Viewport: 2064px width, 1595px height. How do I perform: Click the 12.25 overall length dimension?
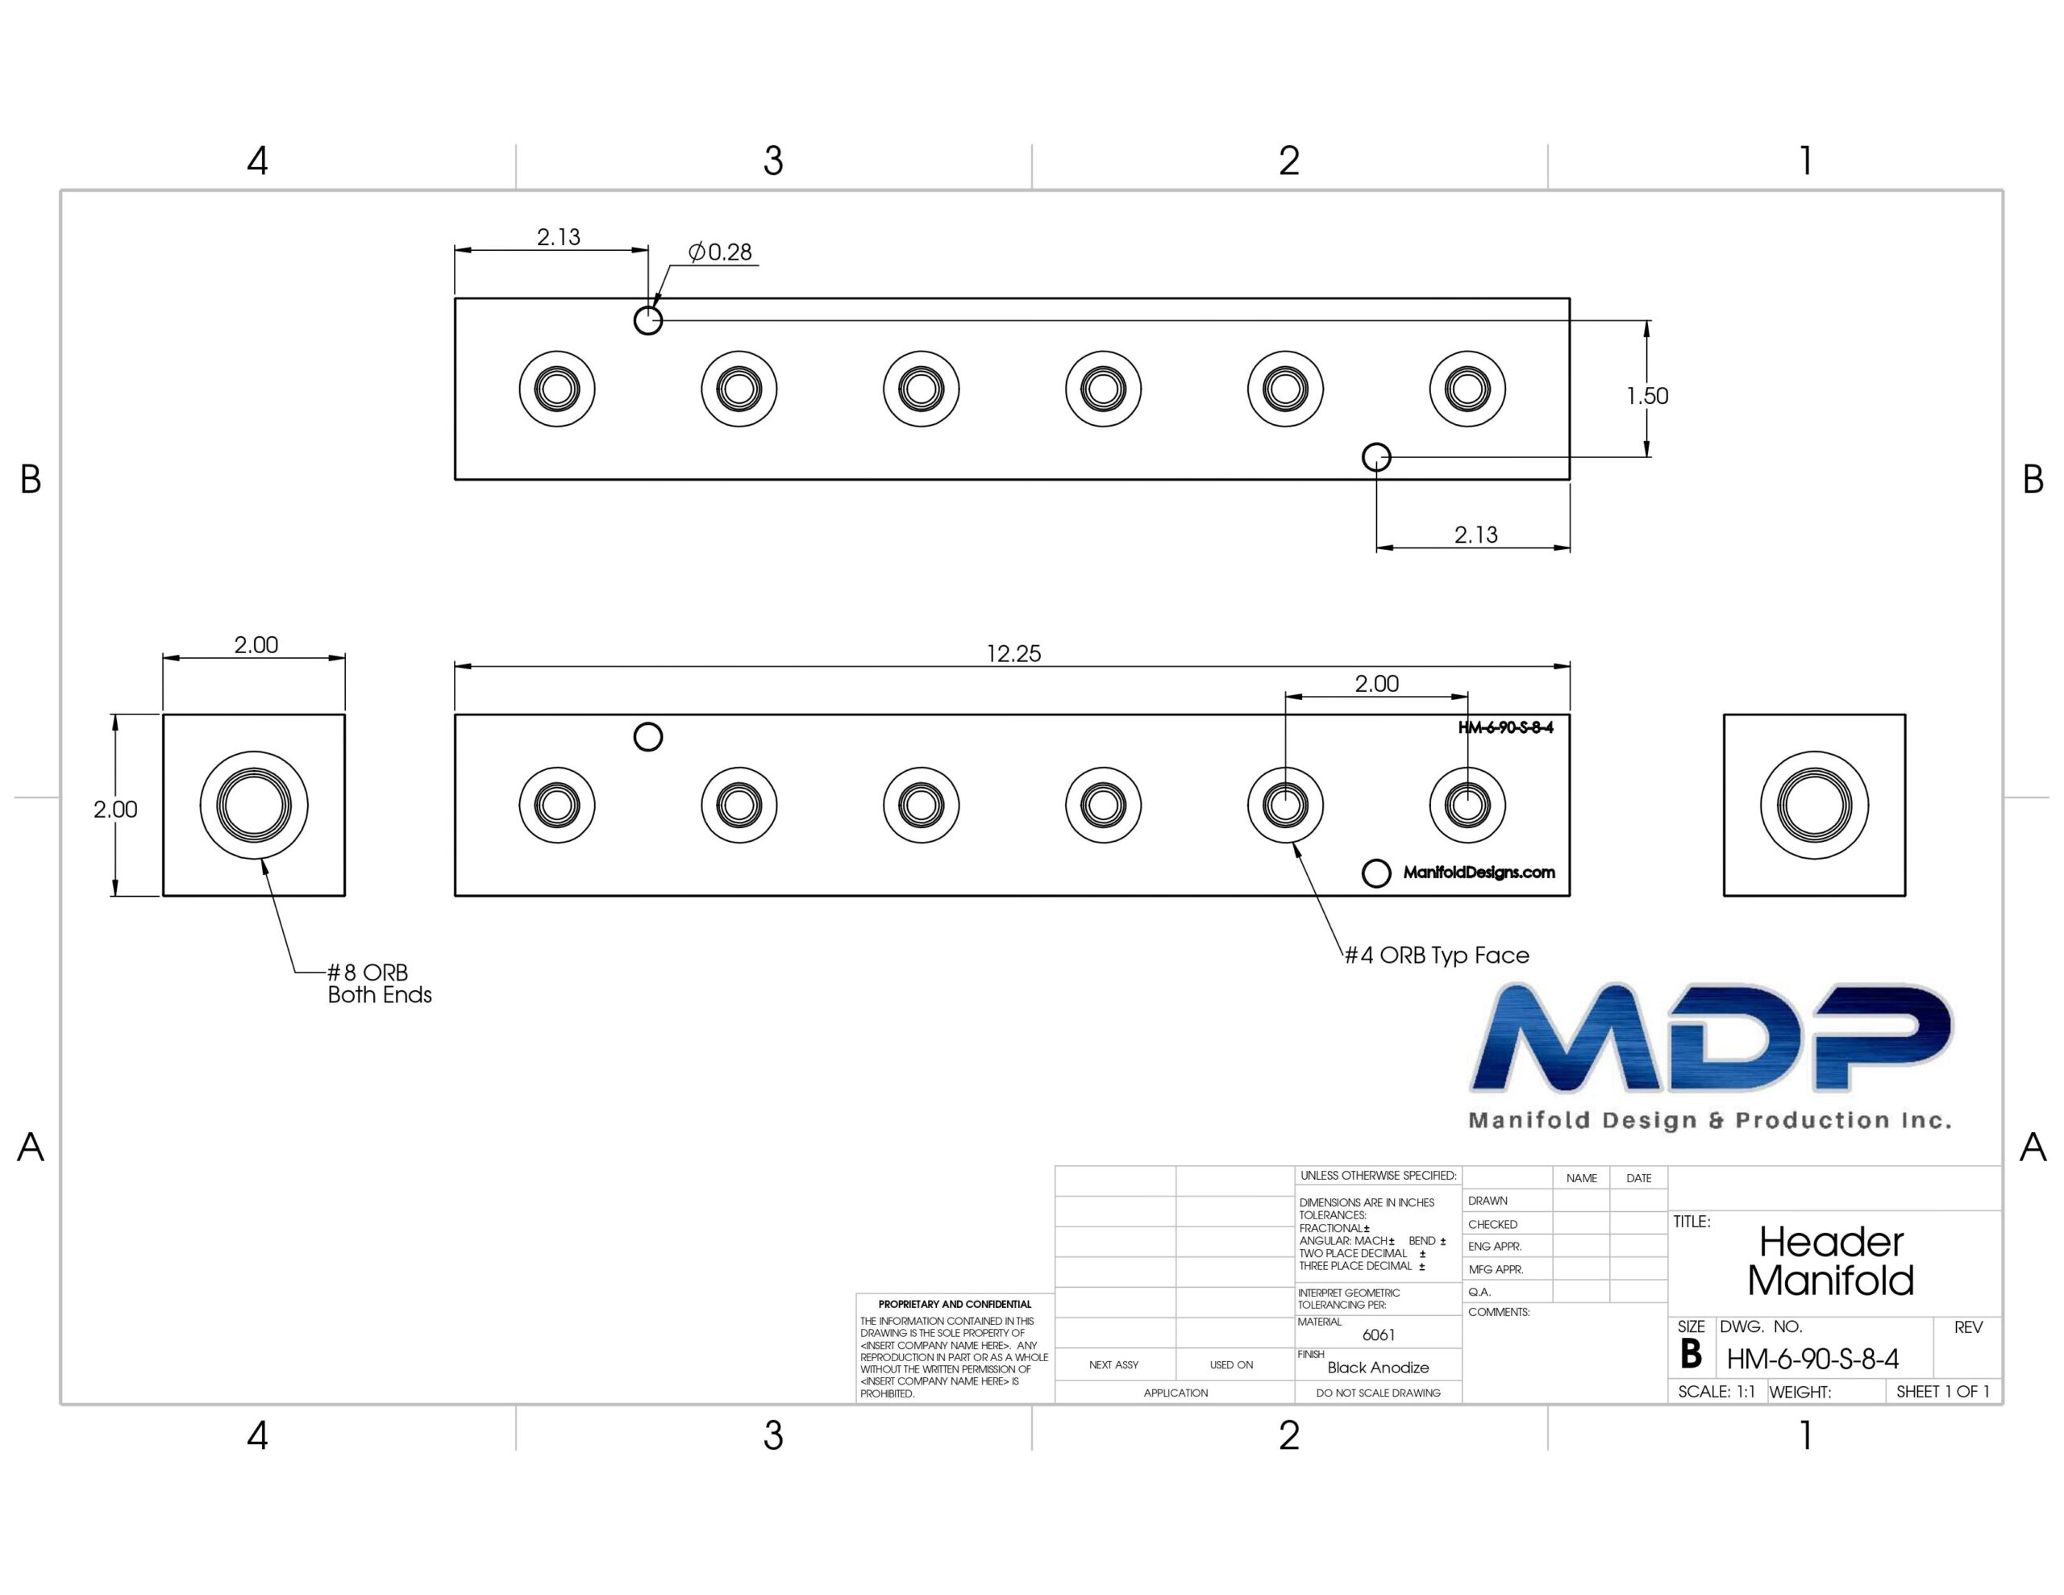click(1013, 653)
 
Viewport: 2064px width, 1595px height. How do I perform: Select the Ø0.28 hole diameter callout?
click(720, 252)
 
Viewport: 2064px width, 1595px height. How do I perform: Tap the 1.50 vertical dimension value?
click(1647, 396)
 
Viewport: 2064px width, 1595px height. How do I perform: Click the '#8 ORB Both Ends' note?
click(379, 983)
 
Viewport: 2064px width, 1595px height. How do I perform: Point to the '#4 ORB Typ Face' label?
click(1437, 955)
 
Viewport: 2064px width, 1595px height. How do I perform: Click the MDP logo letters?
click(1712, 1037)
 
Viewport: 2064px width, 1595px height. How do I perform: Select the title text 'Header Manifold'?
click(1830, 1261)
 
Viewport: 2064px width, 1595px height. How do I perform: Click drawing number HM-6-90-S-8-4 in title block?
click(1812, 1360)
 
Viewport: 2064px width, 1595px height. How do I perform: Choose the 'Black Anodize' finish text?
click(1378, 1367)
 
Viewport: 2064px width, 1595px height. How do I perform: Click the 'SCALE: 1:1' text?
click(1717, 1392)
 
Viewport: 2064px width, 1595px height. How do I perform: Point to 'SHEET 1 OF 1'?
click(1943, 1392)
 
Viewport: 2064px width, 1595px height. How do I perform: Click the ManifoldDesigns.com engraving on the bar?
click(1479, 872)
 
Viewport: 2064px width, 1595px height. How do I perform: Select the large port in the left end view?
click(254, 806)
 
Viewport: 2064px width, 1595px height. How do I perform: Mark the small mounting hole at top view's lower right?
click(1377, 457)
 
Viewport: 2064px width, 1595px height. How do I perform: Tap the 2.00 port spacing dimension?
click(1376, 684)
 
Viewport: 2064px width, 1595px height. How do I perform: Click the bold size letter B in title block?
click(1691, 1355)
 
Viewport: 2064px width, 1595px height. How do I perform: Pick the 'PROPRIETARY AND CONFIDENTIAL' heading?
click(955, 1304)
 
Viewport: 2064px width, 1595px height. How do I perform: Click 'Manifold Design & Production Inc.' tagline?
click(1709, 1120)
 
